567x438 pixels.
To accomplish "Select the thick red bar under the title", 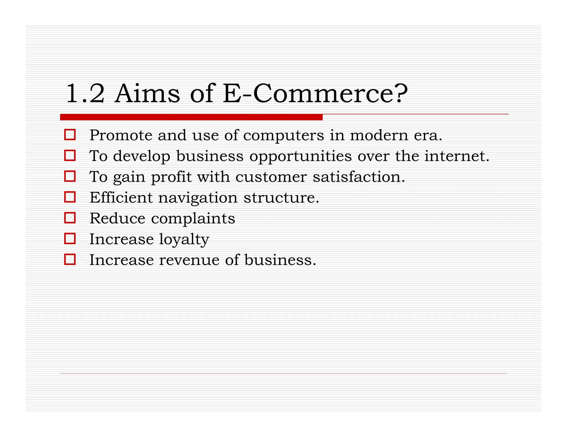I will (191, 117).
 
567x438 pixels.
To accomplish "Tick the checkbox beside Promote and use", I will (70, 135).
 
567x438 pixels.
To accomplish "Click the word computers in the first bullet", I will (283, 135).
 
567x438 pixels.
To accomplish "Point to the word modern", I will (379, 135).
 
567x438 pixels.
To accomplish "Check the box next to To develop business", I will (70, 156).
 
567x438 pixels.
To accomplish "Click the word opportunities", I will (300, 157).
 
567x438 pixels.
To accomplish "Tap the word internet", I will (457, 156).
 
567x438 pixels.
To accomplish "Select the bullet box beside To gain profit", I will (70, 176).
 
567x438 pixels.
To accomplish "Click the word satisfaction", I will (359, 177).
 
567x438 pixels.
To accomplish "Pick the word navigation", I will (198, 198).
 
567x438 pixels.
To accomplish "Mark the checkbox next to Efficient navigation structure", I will (70, 197).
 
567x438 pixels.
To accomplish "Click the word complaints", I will (193, 219).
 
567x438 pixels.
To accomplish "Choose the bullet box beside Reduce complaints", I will (70, 218).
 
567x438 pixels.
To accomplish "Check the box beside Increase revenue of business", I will (70, 259).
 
